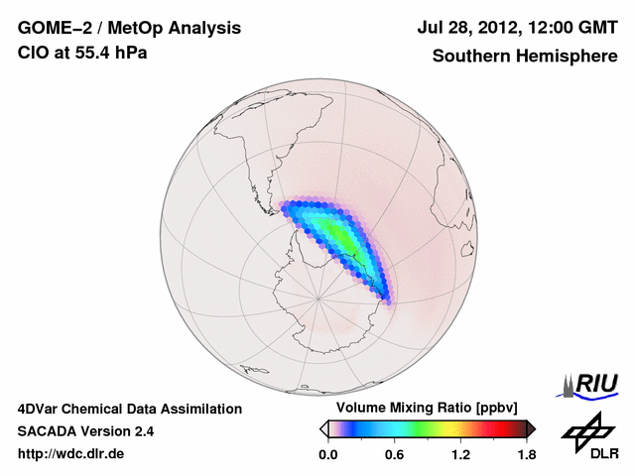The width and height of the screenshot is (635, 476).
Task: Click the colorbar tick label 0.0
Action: [327, 455]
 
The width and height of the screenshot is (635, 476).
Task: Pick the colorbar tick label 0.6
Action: [394, 455]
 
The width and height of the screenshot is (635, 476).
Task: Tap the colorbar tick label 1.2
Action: [460, 455]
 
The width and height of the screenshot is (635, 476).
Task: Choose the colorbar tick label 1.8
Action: [526, 455]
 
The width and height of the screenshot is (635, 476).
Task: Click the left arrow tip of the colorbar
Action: [322, 428]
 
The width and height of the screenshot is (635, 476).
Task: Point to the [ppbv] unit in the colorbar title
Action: [481, 408]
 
